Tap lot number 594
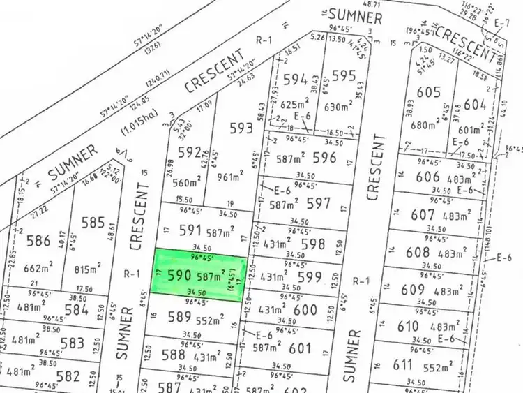pyautogui.click(x=296, y=79)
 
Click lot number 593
pyautogui.click(x=241, y=128)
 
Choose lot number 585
pyautogui.click(x=93, y=223)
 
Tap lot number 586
pyautogui.click(x=38, y=242)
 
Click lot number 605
pyautogui.click(x=428, y=92)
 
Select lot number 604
pyautogui.click(x=474, y=105)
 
